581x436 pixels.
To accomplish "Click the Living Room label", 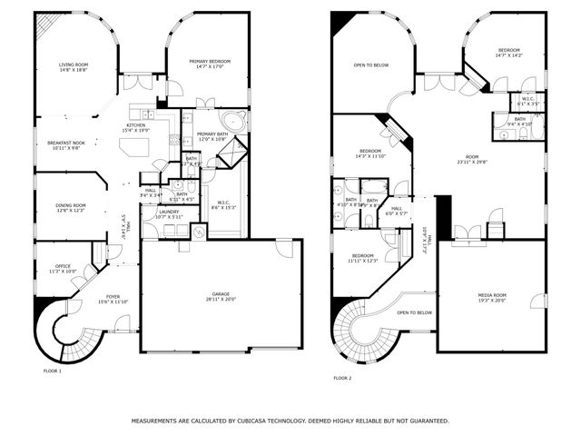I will pyautogui.click(x=73, y=65).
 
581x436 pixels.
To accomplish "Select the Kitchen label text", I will pyautogui.click(x=135, y=126).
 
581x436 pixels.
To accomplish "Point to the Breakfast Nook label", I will pyautogui.click(x=65, y=144).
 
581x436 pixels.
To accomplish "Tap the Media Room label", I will pyautogui.click(x=493, y=296).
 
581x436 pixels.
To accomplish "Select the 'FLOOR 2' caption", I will pyautogui.click(x=342, y=378).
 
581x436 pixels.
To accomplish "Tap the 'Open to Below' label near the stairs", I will pyautogui.click(x=414, y=312).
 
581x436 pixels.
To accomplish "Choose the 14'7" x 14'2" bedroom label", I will pyautogui.click(x=508, y=53).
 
